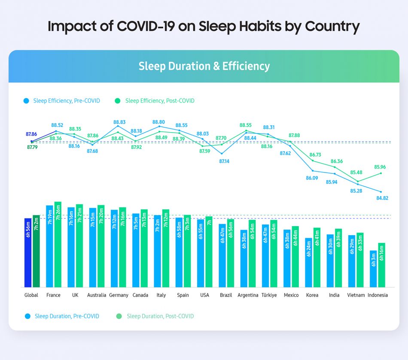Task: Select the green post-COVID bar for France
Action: (x=58, y=245)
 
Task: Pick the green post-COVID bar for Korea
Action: (x=317, y=257)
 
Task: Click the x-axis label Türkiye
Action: (x=269, y=295)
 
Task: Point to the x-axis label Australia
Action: (x=97, y=295)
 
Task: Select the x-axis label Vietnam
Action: (x=356, y=295)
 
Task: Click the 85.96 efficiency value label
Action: (x=380, y=167)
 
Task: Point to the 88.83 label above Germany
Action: (x=119, y=122)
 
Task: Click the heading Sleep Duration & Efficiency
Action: (x=204, y=66)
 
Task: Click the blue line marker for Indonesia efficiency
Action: (x=381, y=191)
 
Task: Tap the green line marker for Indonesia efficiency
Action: (x=381, y=173)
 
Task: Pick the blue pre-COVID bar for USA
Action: (x=201, y=253)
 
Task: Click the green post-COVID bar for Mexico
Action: (x=295, y=257)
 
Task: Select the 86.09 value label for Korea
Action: (x=312, y=178)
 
